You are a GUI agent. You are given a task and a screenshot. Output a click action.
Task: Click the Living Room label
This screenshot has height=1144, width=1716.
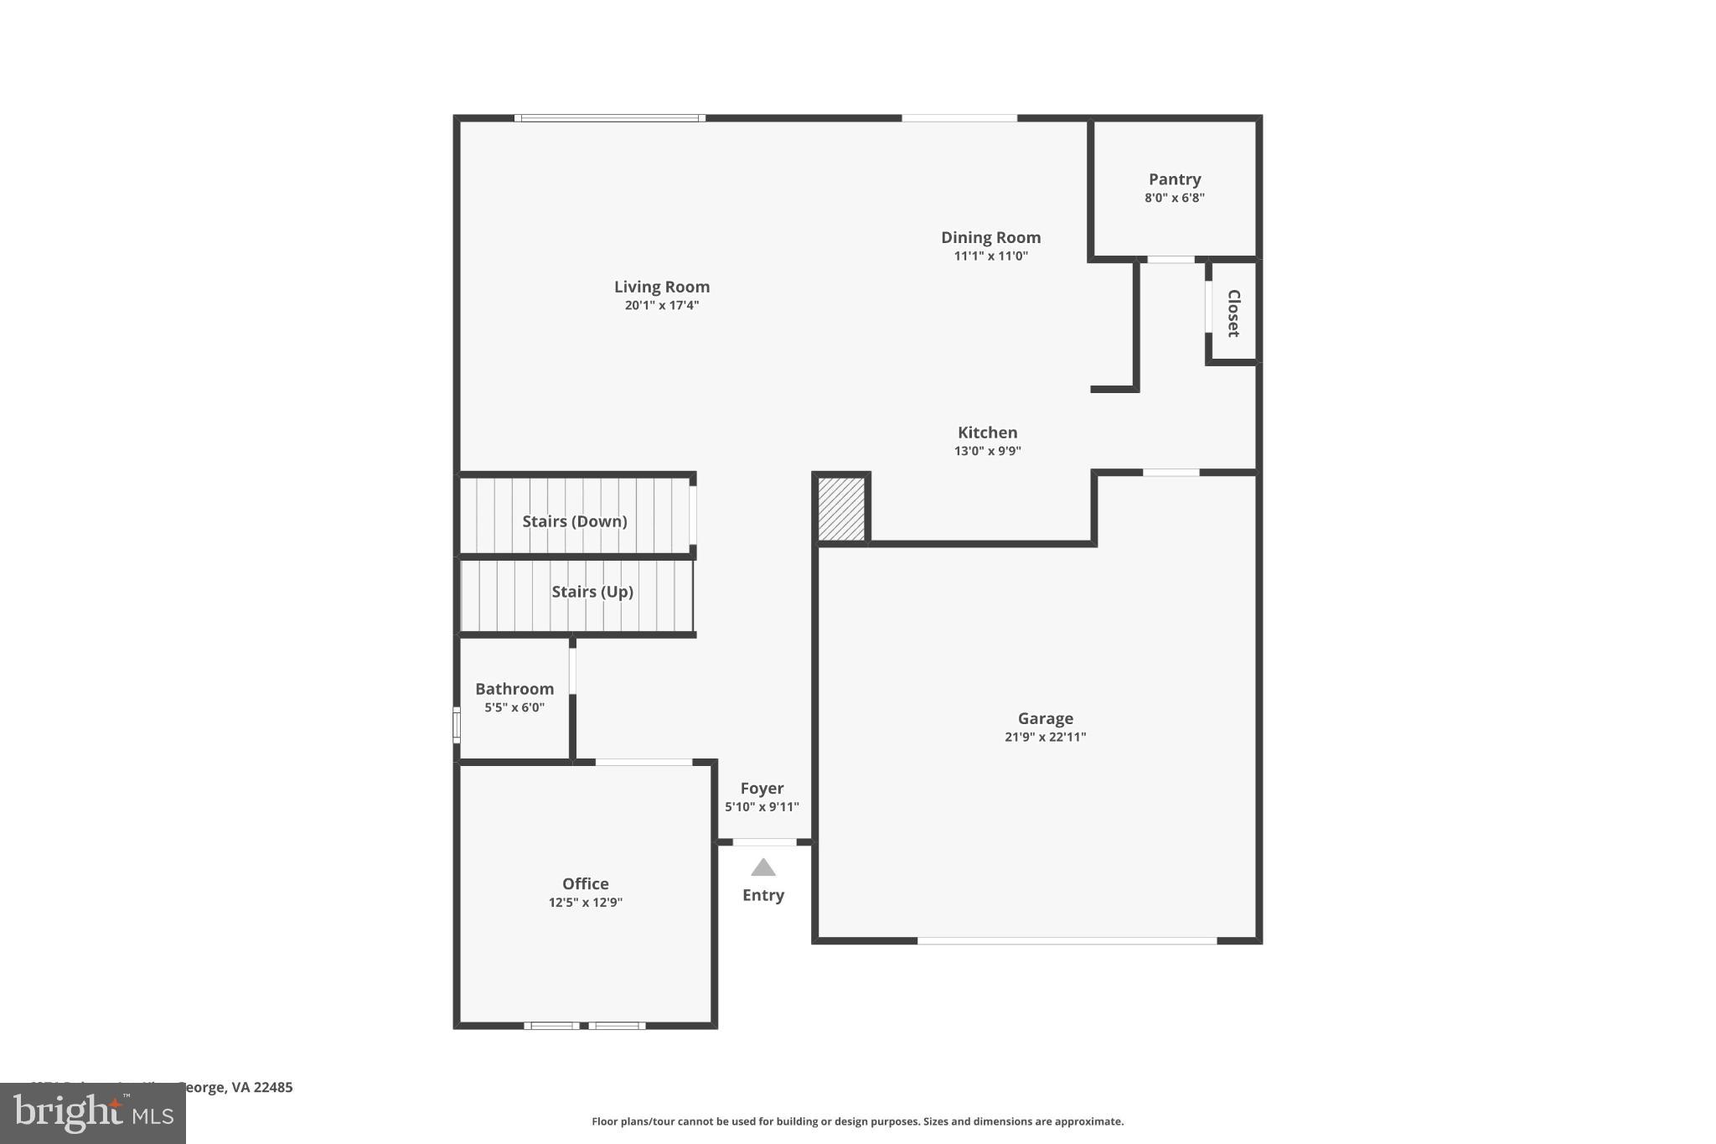[661, 287]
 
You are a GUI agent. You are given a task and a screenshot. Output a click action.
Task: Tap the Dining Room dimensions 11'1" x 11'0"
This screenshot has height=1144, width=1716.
[990, 256]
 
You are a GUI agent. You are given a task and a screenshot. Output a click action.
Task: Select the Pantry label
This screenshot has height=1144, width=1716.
[1174, 179]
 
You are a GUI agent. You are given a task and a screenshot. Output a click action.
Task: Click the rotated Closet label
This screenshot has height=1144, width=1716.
[1233, 313]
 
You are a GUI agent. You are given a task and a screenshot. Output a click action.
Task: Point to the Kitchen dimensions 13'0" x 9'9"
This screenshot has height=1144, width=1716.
[987, 451]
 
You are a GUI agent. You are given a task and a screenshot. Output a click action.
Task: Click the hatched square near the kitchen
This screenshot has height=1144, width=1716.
[841, 509]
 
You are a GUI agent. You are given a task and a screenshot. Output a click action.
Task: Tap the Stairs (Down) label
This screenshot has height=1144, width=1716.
[574, 521]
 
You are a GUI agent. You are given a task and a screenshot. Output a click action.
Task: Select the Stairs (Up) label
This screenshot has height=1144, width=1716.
[592, 592]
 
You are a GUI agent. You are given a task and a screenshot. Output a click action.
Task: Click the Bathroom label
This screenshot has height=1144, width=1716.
[514, 689]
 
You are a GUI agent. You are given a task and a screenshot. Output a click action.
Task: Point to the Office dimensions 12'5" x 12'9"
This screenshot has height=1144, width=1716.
[585, 903]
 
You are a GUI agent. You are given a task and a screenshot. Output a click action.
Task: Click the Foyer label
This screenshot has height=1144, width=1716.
[762, 789]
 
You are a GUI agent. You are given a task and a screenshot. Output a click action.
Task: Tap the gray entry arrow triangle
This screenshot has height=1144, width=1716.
[762, 867]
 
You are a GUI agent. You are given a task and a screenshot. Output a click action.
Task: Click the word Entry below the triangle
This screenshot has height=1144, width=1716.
[762, 895]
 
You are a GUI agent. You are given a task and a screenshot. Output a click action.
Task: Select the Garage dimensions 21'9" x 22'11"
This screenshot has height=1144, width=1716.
[1045, 738]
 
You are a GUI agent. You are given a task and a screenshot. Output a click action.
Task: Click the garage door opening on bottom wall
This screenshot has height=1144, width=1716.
[1066, 941]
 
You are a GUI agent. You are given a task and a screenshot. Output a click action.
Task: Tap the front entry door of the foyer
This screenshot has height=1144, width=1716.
[764, 841]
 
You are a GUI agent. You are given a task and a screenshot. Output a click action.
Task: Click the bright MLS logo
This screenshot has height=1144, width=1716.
[93, 1113]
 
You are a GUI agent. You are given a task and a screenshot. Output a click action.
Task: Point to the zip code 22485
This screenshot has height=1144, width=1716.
[273, 1088]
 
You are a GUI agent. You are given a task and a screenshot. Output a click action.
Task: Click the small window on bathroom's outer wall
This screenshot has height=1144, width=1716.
[457, 725]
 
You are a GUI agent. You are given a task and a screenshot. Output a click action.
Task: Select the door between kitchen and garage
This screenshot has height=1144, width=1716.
[1171, 473]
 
